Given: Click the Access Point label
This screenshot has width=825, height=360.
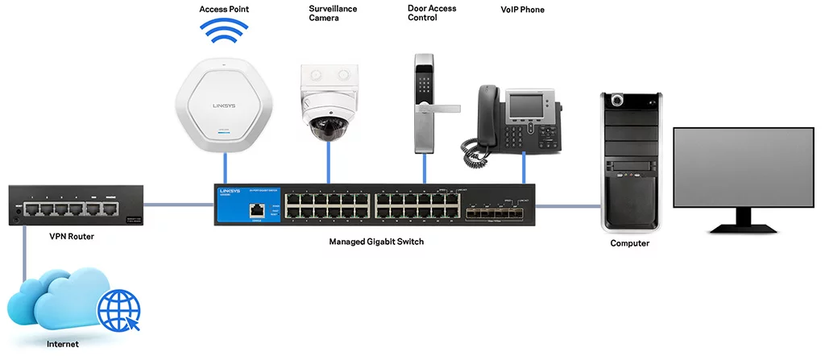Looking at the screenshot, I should [223, 9].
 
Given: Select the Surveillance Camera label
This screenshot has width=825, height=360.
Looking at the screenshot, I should [333, 14].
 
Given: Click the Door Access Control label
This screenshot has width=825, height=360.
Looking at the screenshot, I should [432, 14].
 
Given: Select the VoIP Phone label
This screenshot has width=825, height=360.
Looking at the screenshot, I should [522, 10].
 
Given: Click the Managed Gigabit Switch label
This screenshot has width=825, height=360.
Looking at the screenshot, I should [376, 242].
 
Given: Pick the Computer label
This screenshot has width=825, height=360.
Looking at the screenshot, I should [630, 243].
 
